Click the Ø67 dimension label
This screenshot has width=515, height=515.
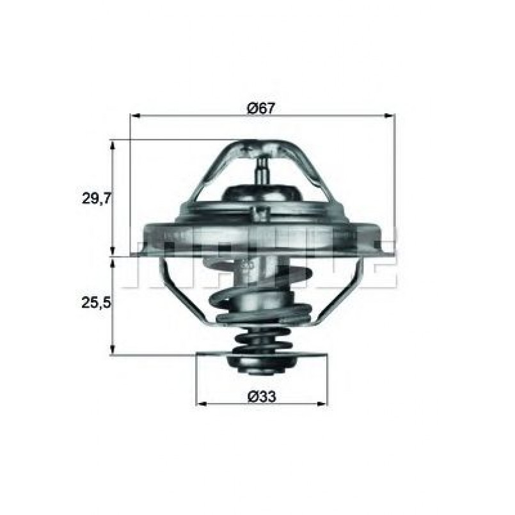click(x=261, y=108)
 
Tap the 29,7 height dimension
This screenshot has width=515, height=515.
click(x=97, y=198)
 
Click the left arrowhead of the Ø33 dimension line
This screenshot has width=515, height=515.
click(x=200, y=404)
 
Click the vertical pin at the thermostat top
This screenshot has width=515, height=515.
click(x=261, y=170)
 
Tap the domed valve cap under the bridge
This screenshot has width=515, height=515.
click(x=262, y=193)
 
